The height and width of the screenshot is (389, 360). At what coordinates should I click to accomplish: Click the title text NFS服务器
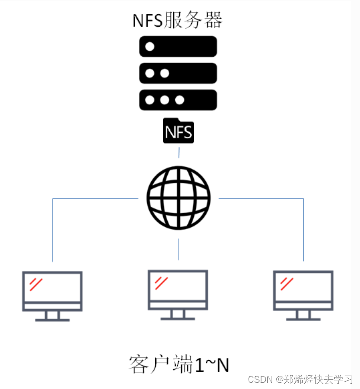coord(177,20)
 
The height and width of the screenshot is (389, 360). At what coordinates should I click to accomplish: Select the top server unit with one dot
coord(178,46)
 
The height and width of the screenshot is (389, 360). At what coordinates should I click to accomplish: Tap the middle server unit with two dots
coord(178,73)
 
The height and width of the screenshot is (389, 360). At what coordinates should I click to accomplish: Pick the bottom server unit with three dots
coord(178,99)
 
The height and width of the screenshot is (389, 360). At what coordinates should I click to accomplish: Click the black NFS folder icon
coord(178,132)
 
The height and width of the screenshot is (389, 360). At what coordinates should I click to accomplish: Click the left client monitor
coord(52,291)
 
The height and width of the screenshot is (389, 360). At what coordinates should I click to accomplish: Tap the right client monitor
coord(303,291)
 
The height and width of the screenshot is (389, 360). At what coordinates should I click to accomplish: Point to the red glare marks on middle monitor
coord(161,283)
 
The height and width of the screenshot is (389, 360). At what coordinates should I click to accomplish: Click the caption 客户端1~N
coord(179,365)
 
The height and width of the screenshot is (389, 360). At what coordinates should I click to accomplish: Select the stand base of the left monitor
coord(52,319)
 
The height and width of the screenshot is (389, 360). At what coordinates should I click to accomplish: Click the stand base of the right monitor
coord(303,319)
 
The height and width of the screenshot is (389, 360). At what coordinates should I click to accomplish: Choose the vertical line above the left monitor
coord(53,231)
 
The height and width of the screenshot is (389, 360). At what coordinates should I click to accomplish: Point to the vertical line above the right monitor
coord(303,231)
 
